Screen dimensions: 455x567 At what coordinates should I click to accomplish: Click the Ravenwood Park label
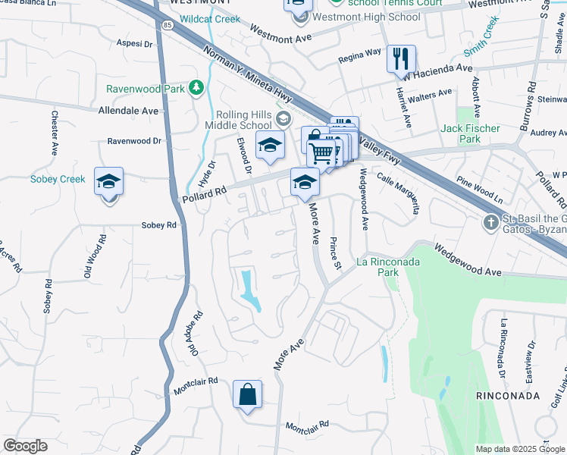tap(145, 89)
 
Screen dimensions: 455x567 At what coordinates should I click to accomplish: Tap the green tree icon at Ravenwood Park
tap(196, 88)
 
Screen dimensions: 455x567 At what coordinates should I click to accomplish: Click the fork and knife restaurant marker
tap(401, 58)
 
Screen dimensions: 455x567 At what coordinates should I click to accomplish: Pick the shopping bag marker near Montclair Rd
tap(247, 395)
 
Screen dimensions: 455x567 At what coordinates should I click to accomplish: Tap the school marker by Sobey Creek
tap(108, 182)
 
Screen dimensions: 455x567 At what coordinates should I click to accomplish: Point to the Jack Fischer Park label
tap(471, 133)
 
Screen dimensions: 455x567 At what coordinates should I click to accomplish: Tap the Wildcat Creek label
tap(211, 19)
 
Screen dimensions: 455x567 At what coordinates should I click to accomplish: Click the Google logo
tap(25, 446)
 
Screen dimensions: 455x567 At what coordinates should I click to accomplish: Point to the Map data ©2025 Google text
tap(520, 449)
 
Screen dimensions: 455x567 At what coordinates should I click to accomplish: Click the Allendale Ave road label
tap(128, 110)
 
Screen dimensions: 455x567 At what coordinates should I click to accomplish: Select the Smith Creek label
tap(482, 37)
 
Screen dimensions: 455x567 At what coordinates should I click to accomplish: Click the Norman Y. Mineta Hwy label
tap(248, 74)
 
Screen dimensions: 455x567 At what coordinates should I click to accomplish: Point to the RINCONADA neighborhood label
tap(507, 396)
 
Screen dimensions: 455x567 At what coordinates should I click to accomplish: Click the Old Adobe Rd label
tap(196, 334)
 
